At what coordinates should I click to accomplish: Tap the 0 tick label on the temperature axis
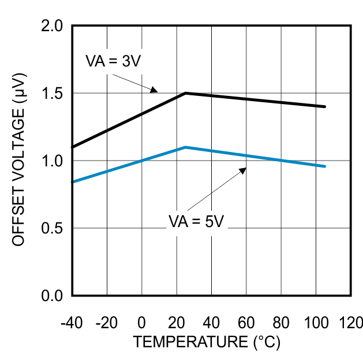[142, 322]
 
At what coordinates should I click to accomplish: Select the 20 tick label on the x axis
[177, 322]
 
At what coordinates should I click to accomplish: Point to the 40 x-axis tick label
[212, 322]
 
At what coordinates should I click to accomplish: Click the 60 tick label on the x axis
[246, 322]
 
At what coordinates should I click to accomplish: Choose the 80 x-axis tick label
[282, 322]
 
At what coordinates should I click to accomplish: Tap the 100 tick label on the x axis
[316, 322]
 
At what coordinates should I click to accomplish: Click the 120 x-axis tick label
[351, 322]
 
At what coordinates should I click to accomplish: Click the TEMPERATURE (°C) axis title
[207, 342]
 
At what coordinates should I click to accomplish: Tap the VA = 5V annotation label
[195, 221]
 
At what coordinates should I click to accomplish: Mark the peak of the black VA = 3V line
[185, 92]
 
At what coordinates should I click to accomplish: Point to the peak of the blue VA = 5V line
[185, 147]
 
